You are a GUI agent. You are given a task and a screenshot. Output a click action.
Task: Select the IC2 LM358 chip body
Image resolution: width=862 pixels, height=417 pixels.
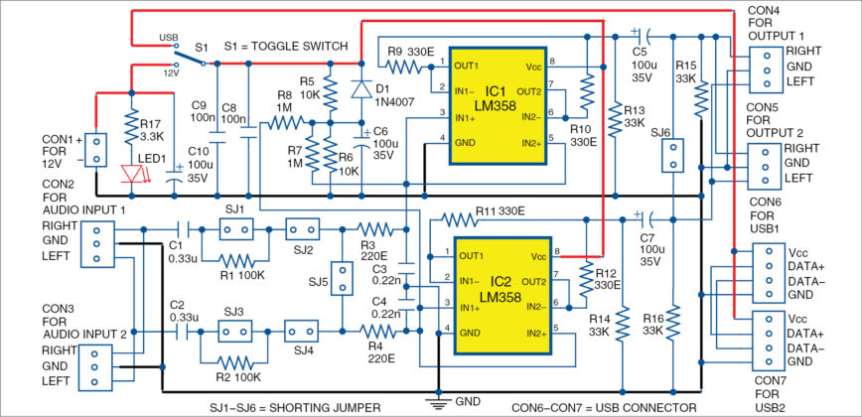point(503,295)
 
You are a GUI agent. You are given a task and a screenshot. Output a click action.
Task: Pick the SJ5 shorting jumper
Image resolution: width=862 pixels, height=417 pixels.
point(343,279)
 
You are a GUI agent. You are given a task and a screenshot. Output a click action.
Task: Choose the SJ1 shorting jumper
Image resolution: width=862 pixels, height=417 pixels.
point(234,229)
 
